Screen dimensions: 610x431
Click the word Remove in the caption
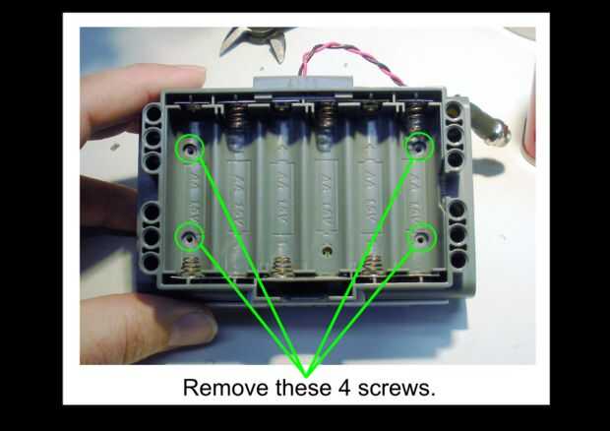[225, 388]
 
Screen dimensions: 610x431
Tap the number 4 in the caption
[344, 388]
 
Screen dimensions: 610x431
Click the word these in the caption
[303, 388]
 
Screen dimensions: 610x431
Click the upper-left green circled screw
[190, 148]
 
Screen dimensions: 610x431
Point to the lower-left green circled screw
[190, 236]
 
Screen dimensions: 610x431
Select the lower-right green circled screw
[421, 237]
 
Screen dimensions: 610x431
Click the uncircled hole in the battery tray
[328, 251]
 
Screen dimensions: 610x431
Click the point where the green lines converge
[307, 375]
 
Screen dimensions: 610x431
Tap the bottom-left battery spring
[190, 267]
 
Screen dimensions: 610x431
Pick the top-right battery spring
[416, 115]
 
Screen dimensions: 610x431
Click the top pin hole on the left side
[154, 113]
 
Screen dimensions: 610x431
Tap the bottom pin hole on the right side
[458, 259]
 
